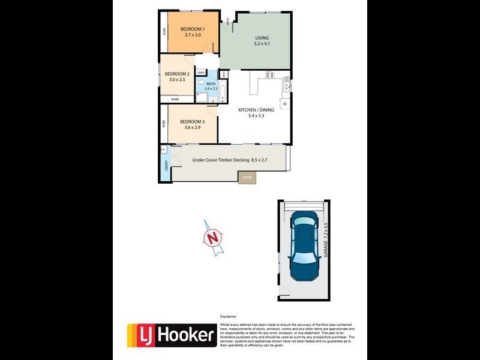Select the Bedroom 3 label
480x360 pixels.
pyautogui.click(x=192, y=122)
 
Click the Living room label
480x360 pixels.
pyautogui.click(x=261, y=38)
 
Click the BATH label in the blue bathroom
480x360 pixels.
pyautogui.click(x=211, y=83)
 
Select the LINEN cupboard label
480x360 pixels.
pyautogui.click(x=201, y=73)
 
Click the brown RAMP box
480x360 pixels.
pyautogui.click(x=247, y=178)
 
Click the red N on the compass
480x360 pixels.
pyautogui.click(x=211, y=237)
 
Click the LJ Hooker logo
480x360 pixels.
pyautogui.click(x=171, y=335)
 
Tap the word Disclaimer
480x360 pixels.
pyautogui.click(x=229, y=316)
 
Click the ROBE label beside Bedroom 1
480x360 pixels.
pyautogui.click(x=164, y=31)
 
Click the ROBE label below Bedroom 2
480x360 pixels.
pyautogui.click(x=175, y=99)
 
